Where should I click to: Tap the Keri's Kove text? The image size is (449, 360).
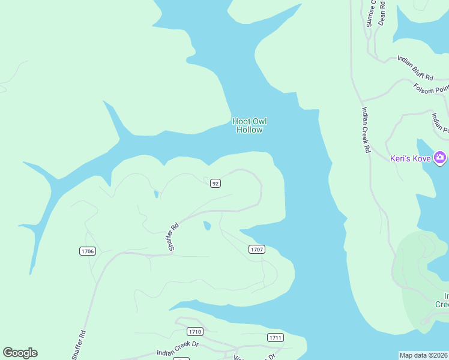(x=411, y=158)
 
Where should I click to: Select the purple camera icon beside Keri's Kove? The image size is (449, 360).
(x=441, y=158)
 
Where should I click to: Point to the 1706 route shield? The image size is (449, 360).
(x=87, y=251)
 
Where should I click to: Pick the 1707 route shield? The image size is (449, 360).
(x=257, y=249)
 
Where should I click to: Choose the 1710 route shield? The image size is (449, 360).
(x=194, y=331)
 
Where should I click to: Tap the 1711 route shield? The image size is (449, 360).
(x=275, y=337)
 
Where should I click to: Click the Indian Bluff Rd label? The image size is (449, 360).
(x=415, y=68)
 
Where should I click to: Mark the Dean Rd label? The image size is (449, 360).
(x=382, y=11)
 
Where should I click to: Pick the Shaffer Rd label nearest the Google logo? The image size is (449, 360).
(x=79, y=345)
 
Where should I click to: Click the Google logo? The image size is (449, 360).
(x=20, y=353)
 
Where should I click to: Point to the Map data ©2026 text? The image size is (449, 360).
(x=423, y=355)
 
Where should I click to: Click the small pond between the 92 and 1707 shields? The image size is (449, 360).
(x=207, y=226)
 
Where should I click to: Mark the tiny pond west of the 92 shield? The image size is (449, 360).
(x=156, y=194)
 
